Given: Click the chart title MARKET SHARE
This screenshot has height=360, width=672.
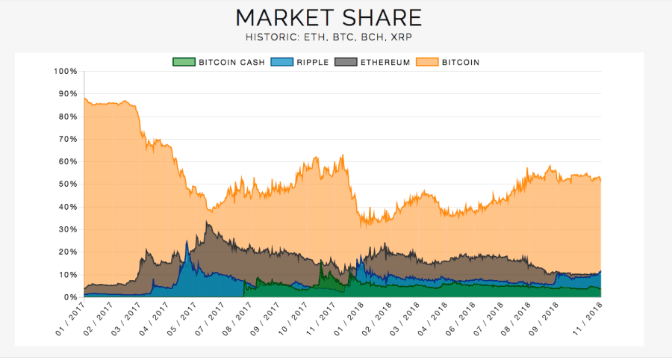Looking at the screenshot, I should pyautogui.click(x=329, y=17).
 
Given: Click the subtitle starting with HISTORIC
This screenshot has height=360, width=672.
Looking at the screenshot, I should pyautogui.click(x=329, y=37).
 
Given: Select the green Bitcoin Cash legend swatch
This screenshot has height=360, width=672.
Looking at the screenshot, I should pyautogui.click(x=184, y=62).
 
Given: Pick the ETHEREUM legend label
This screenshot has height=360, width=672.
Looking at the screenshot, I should pyautogui.click(x=384, y=62).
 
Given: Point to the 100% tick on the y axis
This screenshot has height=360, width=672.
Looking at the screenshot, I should pyautogui.click(x=66, y=72).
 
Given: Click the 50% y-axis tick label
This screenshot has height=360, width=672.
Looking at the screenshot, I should pyautogui.click(x=68, y=184).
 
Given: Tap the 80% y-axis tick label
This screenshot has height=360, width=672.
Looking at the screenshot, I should pyautogui.click(x=68, y=117).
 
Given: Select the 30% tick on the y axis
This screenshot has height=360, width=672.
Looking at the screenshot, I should pyautogui.click(x=68, y=229).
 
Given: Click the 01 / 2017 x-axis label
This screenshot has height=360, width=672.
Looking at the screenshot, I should pyautogui.click(x=72, y=317).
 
